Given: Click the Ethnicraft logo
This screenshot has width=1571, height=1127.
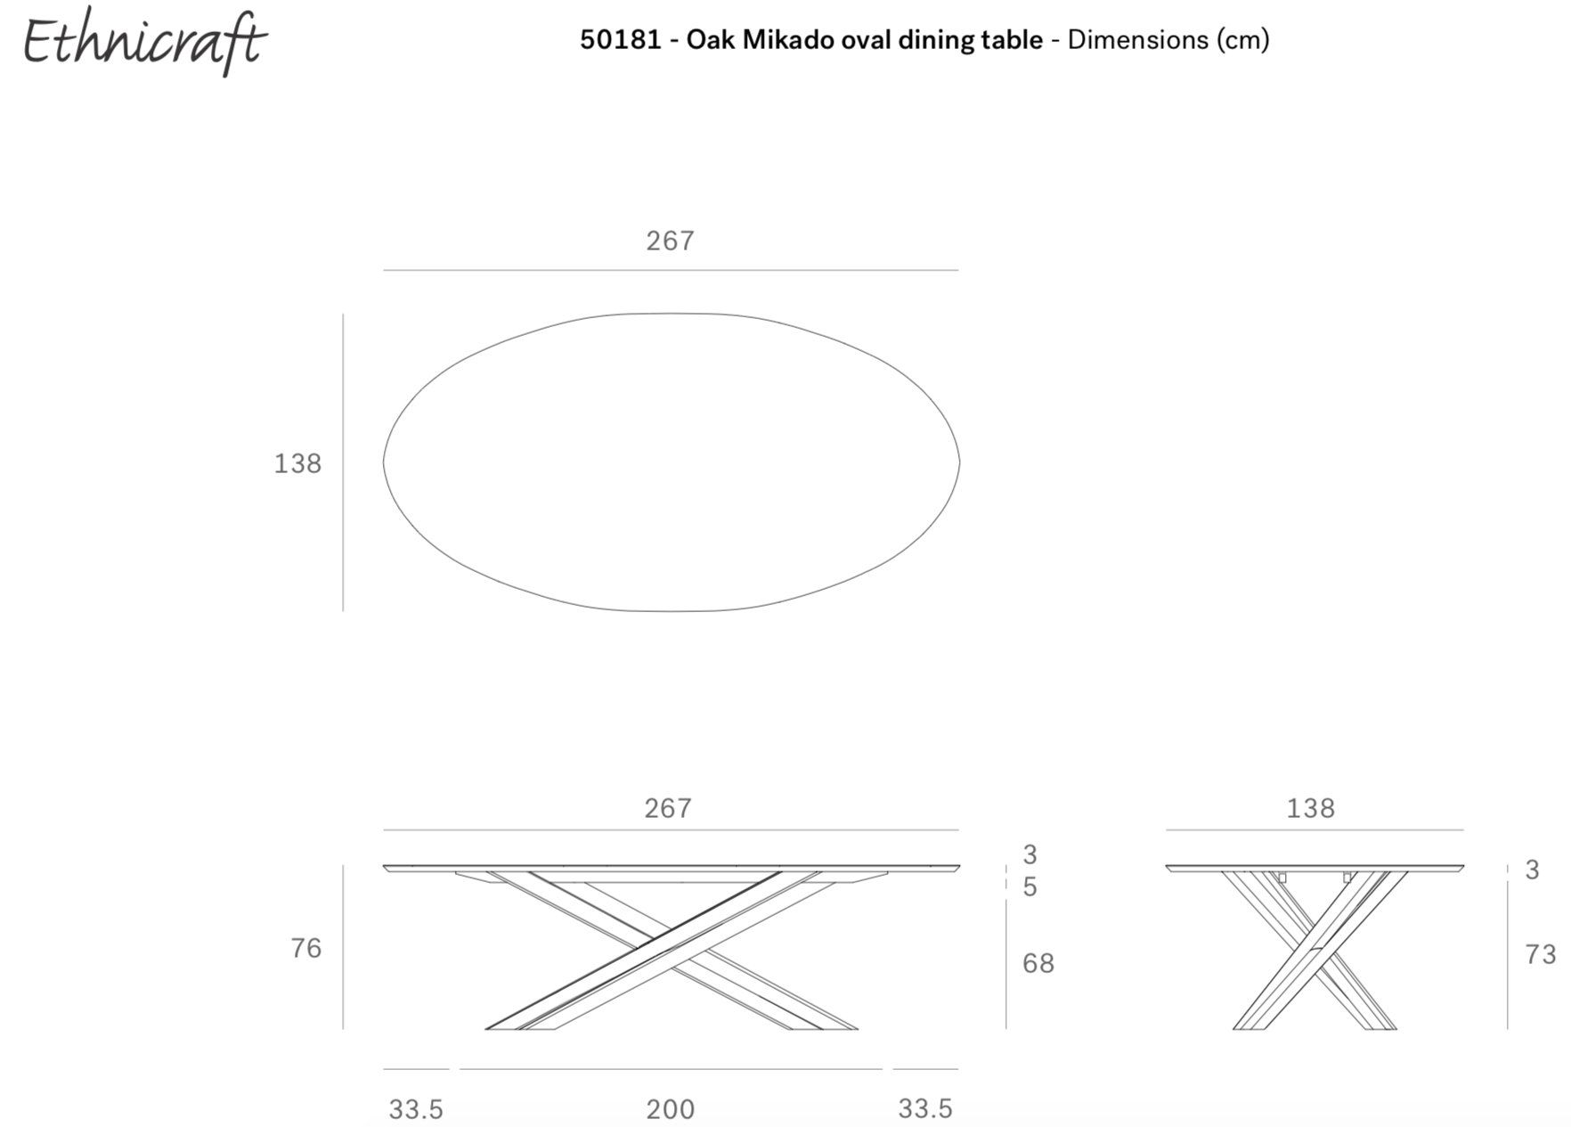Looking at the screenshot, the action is click(x=143, y=42).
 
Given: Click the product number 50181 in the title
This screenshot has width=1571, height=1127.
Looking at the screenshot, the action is click(x=621, y=40).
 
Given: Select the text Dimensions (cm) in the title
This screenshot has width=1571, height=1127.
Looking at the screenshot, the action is click(x=1168, y=41).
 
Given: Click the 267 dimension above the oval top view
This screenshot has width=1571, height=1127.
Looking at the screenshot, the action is click(x=671, y=241).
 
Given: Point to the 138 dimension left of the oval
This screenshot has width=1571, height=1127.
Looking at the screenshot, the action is click(x=297, y=463).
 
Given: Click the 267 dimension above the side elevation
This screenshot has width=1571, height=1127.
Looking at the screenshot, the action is click(x=668, y=808).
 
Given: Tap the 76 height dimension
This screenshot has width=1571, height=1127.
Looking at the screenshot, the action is click(x=306, y=948).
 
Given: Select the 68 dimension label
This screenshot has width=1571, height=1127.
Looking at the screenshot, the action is click(x=1038, y=963).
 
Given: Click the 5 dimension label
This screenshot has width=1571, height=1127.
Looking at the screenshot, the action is click(x=1030, y=887).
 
